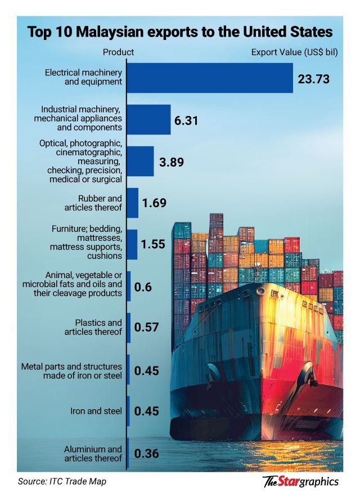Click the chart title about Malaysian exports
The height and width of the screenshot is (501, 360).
click(x=180, y=32)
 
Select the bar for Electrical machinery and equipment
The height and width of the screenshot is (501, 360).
click(x=210, y=78)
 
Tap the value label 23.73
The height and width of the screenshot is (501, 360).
click(x=313, y=78)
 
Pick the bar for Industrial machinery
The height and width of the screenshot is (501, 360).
click(x=148, y=119)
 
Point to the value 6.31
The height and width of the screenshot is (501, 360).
click(x=186, y=120)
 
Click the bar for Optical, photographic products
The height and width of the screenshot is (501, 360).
click(x=140, y=162)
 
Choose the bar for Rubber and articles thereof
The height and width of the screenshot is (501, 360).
click(x=133, y=203)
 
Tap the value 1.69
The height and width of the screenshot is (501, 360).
click(x=154, y=203)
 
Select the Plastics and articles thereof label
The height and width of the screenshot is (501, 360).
click(x=98, y=327)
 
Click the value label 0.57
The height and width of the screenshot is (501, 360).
click(x=146, y=328)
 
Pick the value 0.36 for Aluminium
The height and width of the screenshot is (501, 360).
click(x=146, y=454)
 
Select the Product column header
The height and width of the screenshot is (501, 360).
click(x=118, y=52)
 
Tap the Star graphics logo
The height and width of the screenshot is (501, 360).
click(x=301, y=481)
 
